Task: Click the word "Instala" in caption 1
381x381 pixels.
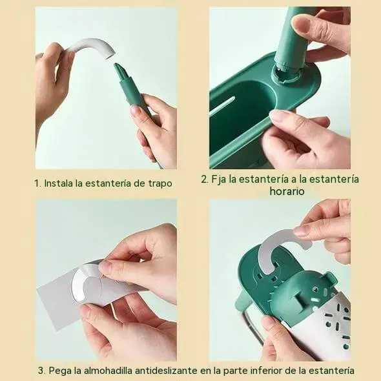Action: click(x=59, y=183)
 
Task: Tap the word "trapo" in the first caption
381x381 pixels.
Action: click(x=160, y=183)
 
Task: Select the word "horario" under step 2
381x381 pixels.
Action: click(x=287, y=191)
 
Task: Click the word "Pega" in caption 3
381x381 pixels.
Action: click(x=60, y=371)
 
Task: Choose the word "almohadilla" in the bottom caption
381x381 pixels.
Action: click(x=108, y=371)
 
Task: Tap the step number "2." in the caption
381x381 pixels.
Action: click(x=205, y=180)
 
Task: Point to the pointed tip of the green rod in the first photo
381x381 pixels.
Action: click(x=116, y=65)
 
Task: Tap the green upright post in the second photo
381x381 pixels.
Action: click(x=291, y=39)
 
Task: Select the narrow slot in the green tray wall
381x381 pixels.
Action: click(x=222, y=105)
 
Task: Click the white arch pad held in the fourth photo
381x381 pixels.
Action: click(x=282, y=243)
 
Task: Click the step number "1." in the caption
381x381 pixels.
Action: click(x=38, y=183)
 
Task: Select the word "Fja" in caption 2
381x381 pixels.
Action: click(x=218, y=180)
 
